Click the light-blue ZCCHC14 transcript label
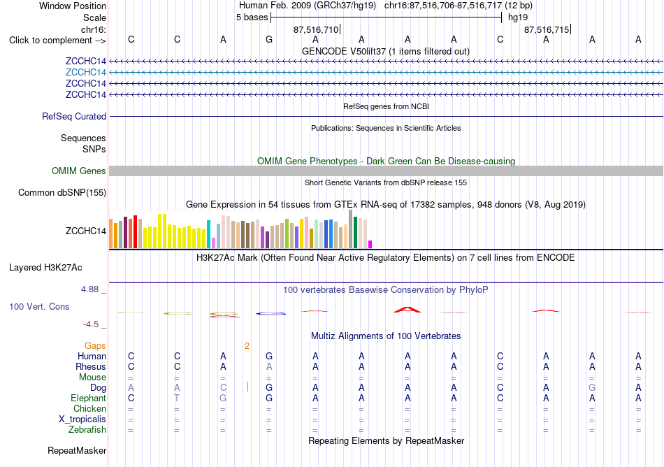coord(85,73)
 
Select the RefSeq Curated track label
coord(74,117)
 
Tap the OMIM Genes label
coord(79,171)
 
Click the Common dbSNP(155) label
coord(62,193)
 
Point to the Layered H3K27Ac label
coord(45,268)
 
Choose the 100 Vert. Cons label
coord(39,306)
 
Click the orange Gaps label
coord(95,346)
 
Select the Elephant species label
coord(89,398)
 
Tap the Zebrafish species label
coord(87,430)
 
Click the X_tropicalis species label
coord(82,419)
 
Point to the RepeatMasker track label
coord(77,450)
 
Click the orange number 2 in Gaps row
coord(247,346)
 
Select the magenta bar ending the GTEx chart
coord(370,244)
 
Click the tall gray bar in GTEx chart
coord(351,229)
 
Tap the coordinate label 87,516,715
coord(547,29)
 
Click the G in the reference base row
coord(269,40)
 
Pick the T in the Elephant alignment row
coord(177,398)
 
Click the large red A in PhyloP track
coord(407,310)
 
